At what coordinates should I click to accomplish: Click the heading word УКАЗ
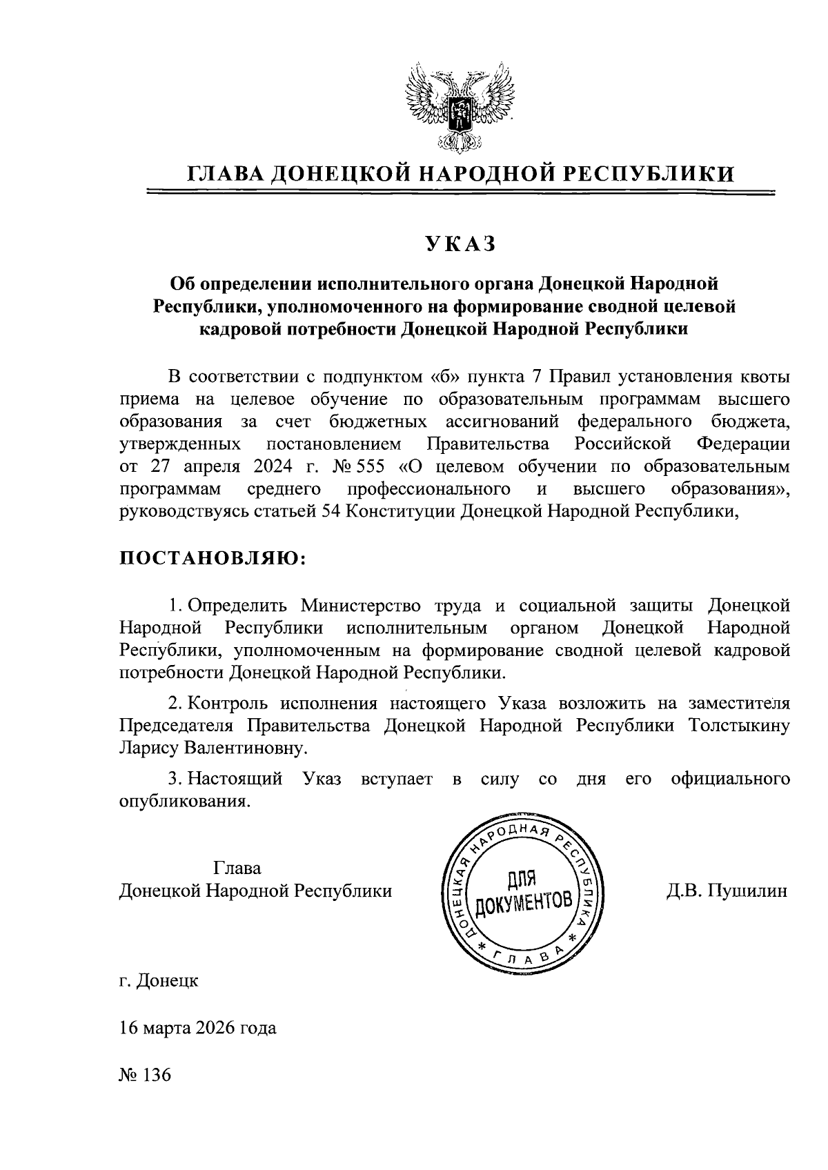click(x=460, y=244)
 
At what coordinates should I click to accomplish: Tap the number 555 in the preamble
click(x=370, y=466)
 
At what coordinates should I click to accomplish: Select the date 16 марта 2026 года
click(x=197, y=1027)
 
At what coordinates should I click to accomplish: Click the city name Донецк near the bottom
click(x=168, y=980)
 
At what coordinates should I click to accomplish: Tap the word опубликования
click(x=184, y=802)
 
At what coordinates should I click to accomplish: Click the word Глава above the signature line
click(x=238, y=868)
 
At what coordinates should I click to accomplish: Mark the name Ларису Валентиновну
click(x=212, y=748)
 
